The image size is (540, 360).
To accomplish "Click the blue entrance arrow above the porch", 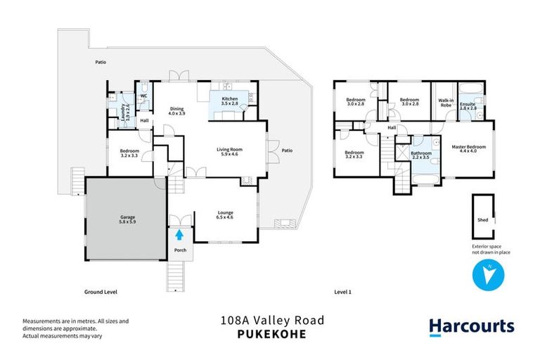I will click(180, 235).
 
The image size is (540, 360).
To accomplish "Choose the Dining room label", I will click(176, 110).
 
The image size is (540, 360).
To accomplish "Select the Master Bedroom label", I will click(468, 148).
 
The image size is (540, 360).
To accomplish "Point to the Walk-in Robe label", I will click(445, 103).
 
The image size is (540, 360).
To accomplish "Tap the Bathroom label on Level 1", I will click(421, 155).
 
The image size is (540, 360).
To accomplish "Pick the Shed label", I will click(482, 220).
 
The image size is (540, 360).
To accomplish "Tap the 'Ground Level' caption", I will click(101, 291).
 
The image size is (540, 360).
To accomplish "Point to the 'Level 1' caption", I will click(342, 291).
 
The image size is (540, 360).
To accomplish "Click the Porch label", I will click(180, 250).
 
